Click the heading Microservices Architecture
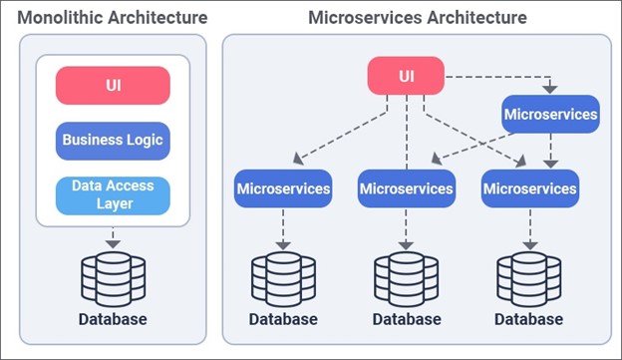[x=418, y=18]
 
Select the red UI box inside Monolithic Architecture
[x=113, y=85]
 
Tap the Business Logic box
[x=113, y=140]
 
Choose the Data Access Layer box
[x=113, y=194]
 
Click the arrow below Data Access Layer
[x=113, y=238]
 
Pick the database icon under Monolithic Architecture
[x=113, y=278]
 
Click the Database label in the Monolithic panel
[x=113, y=319]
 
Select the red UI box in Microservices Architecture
[x=406, y=76]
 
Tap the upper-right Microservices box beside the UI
[x=550, y=115]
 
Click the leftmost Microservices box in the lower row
[x=283, y=187]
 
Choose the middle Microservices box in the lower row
[x=406, y=187]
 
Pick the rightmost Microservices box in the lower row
[x=529, y=187]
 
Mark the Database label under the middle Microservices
[x=406, y=319]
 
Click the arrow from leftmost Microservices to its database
[x=283, y=228]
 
